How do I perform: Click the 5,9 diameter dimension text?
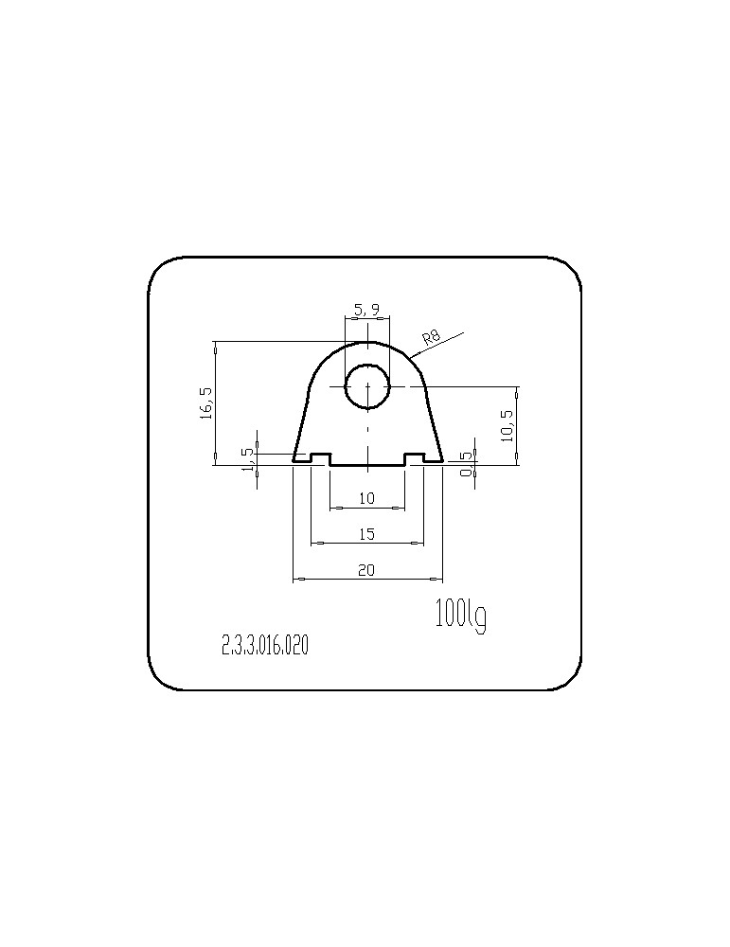point(367,310)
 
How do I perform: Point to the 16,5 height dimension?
point(206,403)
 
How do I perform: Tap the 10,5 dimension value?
point(507,425)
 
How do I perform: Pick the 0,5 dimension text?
point(466,464)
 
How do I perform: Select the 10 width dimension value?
point(366,498)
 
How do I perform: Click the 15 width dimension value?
point(366,534)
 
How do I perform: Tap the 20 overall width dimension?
point(366,569)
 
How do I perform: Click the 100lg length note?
point(461,616)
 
